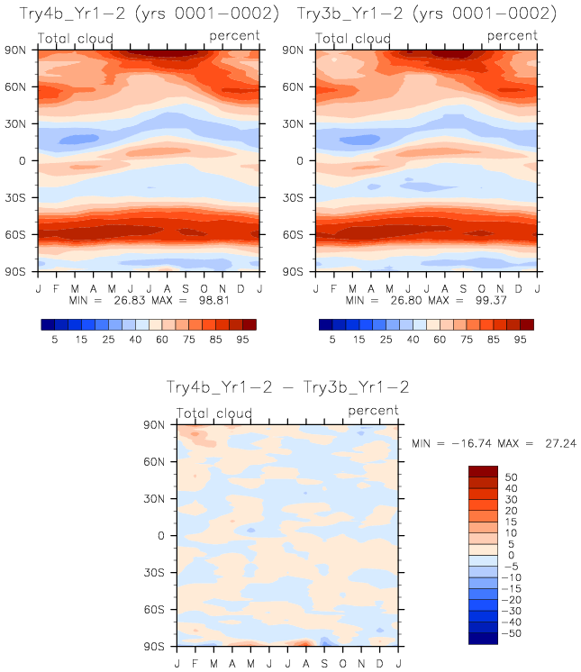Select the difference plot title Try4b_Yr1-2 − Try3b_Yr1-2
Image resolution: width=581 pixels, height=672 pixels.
[288, 386]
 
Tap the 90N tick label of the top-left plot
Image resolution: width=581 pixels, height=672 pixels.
[22, 50]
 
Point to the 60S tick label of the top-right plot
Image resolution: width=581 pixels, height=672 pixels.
[299, 234]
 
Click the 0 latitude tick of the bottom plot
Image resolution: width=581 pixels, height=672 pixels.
[163, 535]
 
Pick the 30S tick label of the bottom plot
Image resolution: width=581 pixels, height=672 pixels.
[159, 572]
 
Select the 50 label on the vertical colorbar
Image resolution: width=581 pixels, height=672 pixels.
[511, 477]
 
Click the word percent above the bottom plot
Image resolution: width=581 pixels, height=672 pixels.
[373, 411]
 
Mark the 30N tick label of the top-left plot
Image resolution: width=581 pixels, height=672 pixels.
[22, 124]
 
